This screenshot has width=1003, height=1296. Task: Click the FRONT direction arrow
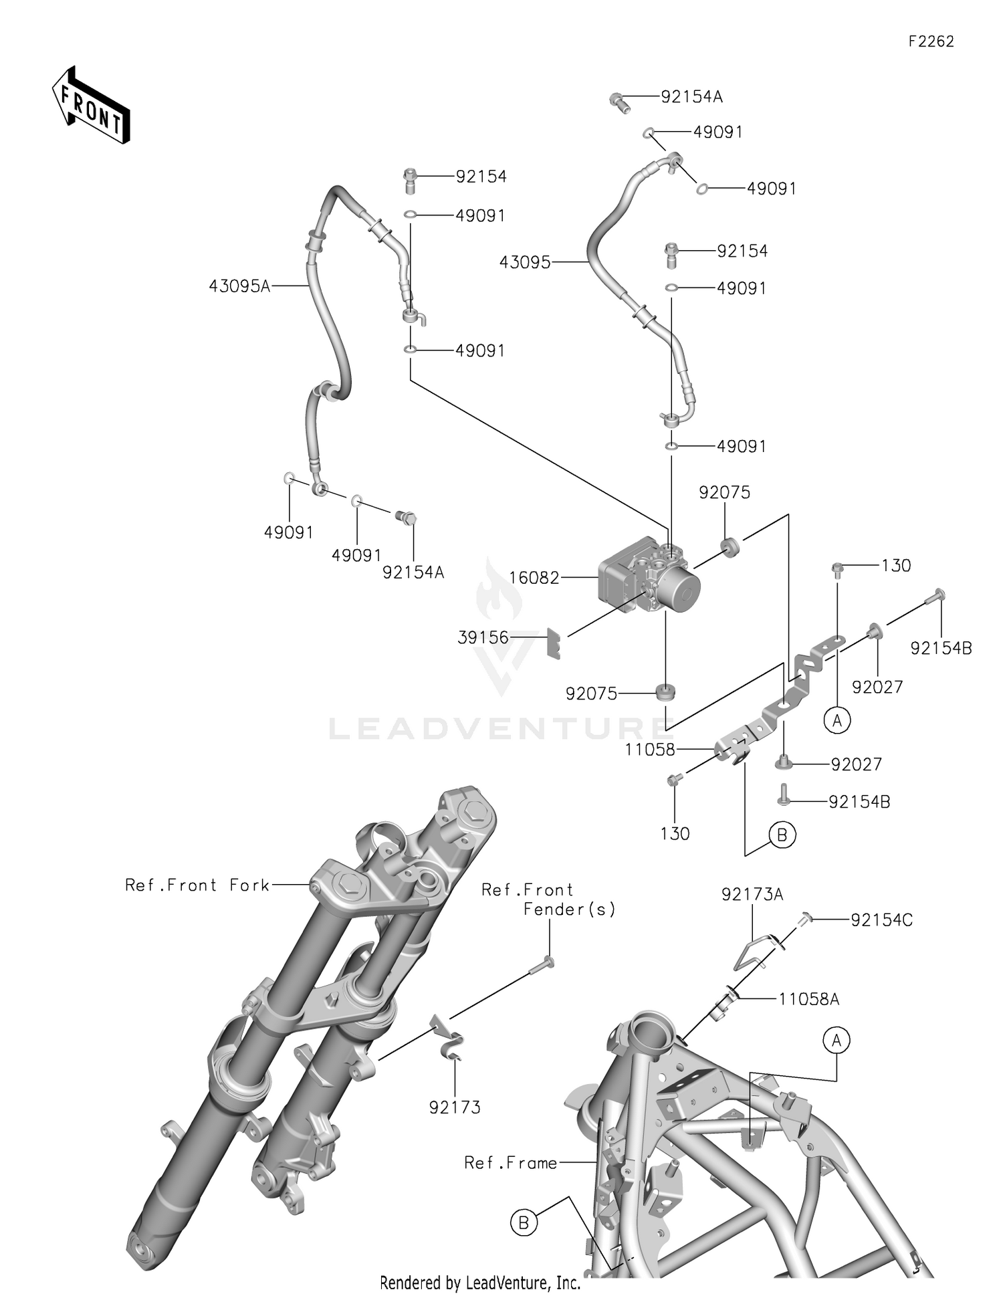[x=91, y=106]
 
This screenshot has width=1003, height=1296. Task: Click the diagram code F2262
[x=931, y=41]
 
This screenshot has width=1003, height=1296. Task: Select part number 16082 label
[x=534, y=578]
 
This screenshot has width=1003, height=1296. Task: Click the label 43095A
[x=239, y=287]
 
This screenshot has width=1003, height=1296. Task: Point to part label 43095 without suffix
[x=524, y=263]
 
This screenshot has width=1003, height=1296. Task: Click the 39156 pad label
[x=483, y=638]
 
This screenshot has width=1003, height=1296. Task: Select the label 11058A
[x=808, y=999]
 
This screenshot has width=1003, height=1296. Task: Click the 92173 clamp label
[x=455, y=1107]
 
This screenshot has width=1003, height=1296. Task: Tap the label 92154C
[x=881, y=920]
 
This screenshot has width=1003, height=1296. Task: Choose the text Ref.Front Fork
[x=197, y=885]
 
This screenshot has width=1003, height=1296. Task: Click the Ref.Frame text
[x=511, y=1164]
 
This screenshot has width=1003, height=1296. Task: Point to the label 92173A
[x=752, y=894]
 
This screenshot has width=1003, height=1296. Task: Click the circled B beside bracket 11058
[x=782, y=835]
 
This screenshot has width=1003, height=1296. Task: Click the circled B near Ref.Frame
[x=524, y=1222]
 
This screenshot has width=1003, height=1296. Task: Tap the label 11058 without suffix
[x=650, y=750]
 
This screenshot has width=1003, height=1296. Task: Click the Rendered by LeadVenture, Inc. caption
[x=479, y=1283]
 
